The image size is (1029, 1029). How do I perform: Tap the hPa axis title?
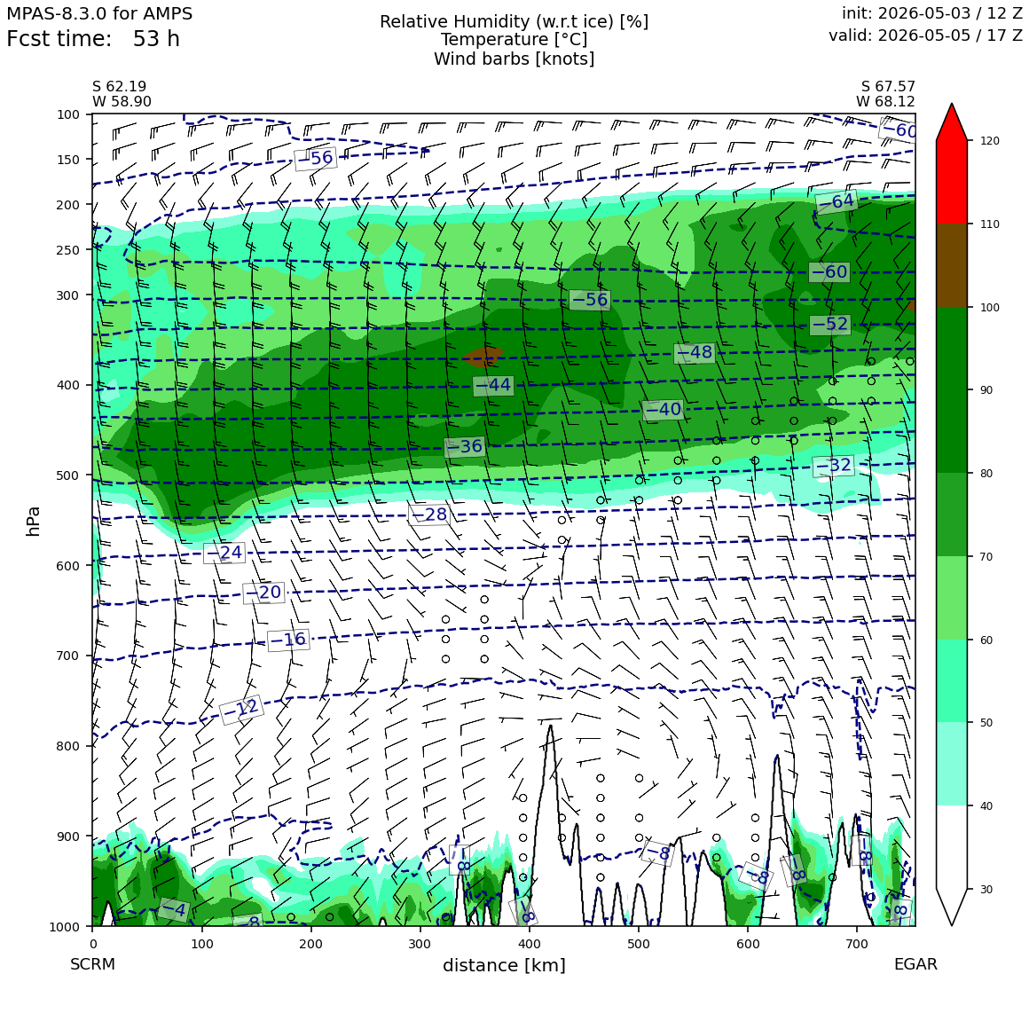pos(33,521)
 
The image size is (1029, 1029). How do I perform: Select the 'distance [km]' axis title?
pos(504,965)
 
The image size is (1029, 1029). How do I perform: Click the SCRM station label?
pos(92,964)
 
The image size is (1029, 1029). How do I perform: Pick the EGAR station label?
pos(915,964)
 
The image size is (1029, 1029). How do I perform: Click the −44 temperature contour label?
pos(493,385)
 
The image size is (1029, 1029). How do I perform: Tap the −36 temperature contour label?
pos(464,447)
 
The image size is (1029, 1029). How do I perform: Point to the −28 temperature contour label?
pos(428,514)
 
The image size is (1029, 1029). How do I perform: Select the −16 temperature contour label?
pos(288,640)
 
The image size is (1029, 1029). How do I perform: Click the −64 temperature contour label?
pos(836,201)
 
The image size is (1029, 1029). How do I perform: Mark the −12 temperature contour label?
pos(241,710)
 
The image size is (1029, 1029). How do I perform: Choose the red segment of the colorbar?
pos(952,182)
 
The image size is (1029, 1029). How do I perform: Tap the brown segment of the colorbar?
pos(952,266)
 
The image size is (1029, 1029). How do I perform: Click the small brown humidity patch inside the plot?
pos(483,357)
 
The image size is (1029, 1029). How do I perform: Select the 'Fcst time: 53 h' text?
pos(92,39)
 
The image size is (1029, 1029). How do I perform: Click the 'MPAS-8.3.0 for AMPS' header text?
pos(99,13)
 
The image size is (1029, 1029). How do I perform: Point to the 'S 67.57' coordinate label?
pos(888,87)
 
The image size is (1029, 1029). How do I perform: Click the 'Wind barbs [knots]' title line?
pos(514,59)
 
